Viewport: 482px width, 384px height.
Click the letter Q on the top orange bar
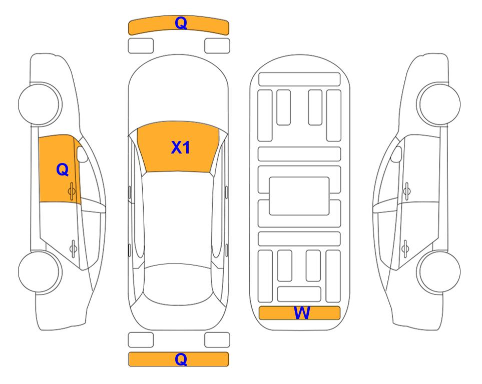coord(181,23)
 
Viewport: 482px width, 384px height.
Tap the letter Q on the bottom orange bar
coord(181,359)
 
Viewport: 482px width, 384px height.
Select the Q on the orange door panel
coord(63,169)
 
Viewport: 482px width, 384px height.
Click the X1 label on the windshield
coord(181,147)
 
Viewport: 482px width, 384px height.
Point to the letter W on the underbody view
coord(301,313)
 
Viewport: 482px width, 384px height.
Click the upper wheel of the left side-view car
coord(40,104)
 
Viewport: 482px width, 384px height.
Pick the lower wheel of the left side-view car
coord(40,271)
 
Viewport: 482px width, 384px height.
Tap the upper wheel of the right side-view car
coord(439,104)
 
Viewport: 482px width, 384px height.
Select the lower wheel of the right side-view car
coord(439,271)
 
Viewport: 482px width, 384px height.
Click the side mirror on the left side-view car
coord(82,154)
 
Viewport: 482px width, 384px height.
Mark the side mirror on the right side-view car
coord(396,154)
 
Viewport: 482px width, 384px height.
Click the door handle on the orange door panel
coord(72,191)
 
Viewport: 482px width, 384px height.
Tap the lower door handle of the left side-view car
coord(73,248)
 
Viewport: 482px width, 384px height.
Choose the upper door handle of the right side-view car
coord(407,191)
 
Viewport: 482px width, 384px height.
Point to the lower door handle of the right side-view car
coord(405,248)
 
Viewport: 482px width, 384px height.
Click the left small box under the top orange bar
coord(141,46)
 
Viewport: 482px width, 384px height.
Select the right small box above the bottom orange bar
coord(217,340)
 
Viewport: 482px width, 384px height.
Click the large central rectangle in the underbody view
coord(299,196)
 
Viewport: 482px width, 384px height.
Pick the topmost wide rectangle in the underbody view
coord(299,79)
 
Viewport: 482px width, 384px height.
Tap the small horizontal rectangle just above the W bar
coord(299,294)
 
